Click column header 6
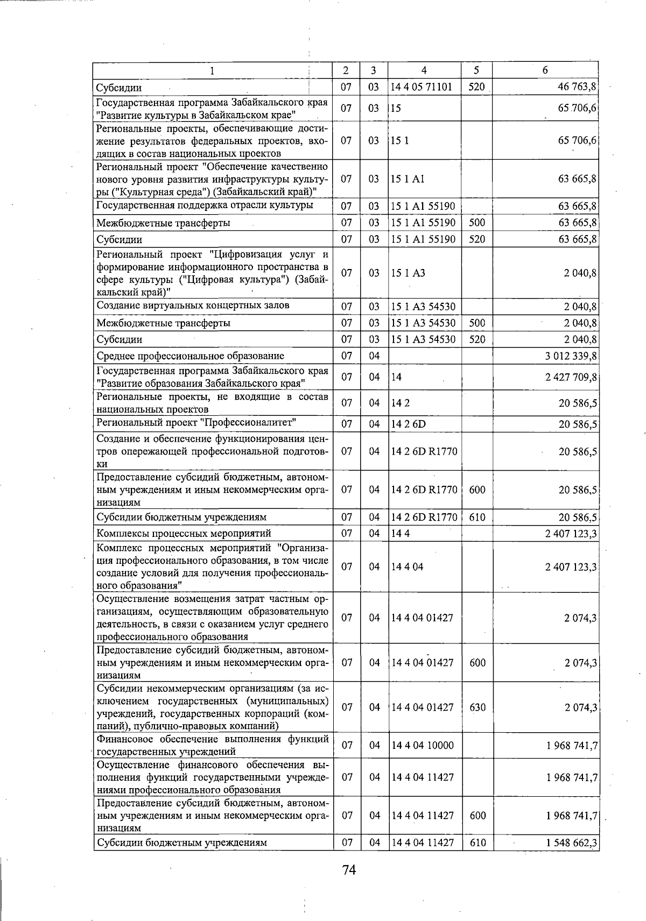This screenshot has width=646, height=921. [x=545, y=70]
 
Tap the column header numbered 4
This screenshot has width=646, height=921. [x=424, y=70]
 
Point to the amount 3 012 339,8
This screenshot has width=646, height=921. [x=571, y=356]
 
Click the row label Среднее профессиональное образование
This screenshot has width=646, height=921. [x=190, y=356]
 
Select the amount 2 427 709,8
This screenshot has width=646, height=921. [x=571, y=377]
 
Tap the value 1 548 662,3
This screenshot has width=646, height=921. [x=571, y=843]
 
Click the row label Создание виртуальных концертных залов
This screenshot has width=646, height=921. [x=193, y=306]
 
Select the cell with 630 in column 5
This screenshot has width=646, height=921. [x=478, y=707]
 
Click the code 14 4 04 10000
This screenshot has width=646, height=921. [x=423, y=746]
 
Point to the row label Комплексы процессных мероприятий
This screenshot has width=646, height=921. [x=183, y=534]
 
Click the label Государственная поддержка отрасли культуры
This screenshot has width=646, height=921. [x=205, y=206]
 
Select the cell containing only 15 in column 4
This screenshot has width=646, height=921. [x=396, y=108]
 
